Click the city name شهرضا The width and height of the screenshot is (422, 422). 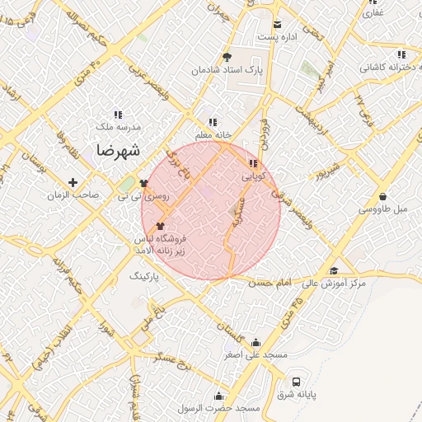[118, 150]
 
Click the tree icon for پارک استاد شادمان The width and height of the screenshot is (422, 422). [227, 56]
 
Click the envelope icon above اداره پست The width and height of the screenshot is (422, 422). [277, 24]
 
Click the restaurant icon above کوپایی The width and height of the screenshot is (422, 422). [252, 163]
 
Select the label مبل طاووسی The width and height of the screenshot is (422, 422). [385, 209]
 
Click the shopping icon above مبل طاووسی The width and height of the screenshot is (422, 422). [384, 196]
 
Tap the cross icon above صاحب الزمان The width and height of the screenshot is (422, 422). [73, 182]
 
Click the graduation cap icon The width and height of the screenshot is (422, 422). [334, 270]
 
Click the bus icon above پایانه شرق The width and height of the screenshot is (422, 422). [296, 382]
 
